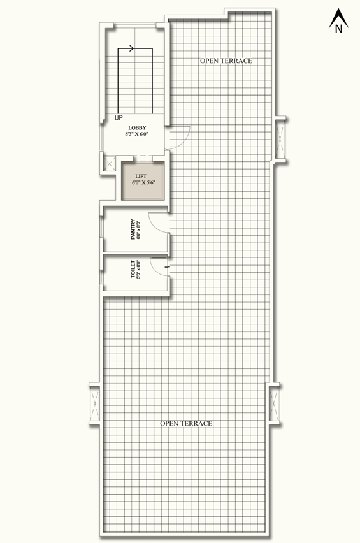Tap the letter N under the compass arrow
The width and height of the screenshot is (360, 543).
338,29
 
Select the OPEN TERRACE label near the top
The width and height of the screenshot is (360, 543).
226,61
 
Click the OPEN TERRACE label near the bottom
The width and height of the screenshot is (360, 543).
186,423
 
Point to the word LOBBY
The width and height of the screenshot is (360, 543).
137,128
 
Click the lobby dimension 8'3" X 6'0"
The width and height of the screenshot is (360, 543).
137,134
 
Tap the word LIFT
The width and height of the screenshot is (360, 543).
141,177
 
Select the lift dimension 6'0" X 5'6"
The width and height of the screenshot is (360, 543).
143,182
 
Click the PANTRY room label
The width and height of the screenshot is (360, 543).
133,229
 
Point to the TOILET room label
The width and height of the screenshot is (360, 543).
133,269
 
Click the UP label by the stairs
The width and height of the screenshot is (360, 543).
119,118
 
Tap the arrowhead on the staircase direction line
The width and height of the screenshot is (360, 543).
131,48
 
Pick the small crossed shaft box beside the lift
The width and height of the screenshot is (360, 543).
110,164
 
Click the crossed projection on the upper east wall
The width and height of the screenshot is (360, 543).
281,138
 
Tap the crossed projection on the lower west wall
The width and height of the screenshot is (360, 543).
94,403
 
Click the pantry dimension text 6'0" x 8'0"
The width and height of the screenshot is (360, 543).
138,229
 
